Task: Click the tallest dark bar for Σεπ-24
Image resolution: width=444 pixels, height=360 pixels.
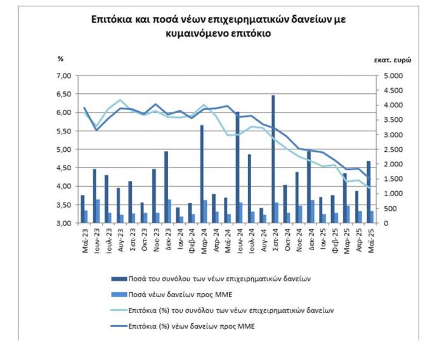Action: tap(273, 159)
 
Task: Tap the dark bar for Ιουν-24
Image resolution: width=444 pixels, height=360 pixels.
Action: tap(237, 168)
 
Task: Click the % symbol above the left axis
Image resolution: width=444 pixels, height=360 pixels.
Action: tap(62, 60)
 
